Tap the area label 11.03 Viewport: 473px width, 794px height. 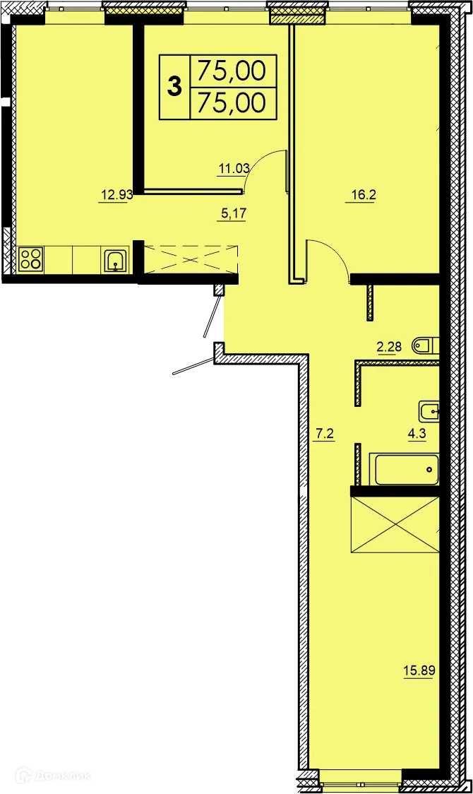coord(231,168)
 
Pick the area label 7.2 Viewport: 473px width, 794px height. coord(323,434)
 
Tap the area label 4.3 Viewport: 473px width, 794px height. coord(417,434)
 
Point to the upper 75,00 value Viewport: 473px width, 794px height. coord(232,70)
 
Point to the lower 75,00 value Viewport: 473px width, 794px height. coord(232,103)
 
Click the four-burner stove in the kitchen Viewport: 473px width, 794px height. coord(30,259)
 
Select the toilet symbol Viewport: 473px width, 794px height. coord(425,346)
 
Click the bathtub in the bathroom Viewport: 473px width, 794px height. coord(406,470)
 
